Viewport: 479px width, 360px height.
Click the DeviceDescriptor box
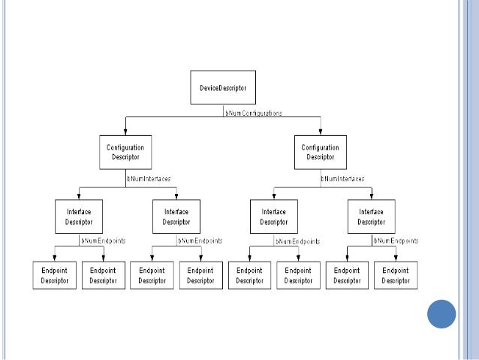point(223,88)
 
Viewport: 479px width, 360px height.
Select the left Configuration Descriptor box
point(125,152)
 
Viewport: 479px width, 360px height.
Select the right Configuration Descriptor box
point(320,152)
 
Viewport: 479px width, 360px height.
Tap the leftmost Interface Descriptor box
point(79,216)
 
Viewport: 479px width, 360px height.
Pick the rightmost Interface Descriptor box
point(371,216)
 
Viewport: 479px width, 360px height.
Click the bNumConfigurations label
point(254,113)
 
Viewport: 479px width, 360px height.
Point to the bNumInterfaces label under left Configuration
point(148,179)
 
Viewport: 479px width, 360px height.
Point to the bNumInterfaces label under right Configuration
point(343,179)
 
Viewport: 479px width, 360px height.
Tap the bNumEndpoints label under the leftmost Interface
point(103,241)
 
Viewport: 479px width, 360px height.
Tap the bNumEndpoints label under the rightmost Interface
point(395,241)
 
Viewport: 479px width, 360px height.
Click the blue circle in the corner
point(441,314)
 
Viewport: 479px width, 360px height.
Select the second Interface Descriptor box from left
point(176,216)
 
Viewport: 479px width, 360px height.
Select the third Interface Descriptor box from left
point(274,216)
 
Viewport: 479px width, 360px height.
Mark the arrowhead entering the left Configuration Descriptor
point(125,132)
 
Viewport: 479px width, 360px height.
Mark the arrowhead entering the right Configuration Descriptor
point(320,132)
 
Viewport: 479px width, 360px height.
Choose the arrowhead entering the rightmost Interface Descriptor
point(371,195)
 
